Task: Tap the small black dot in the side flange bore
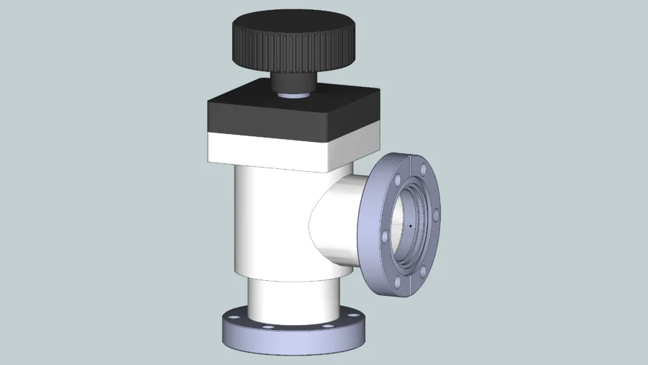[x=410, y=226]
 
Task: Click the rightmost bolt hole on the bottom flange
[x=351, y=314]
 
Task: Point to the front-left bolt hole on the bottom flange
[x=265, y=327]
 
